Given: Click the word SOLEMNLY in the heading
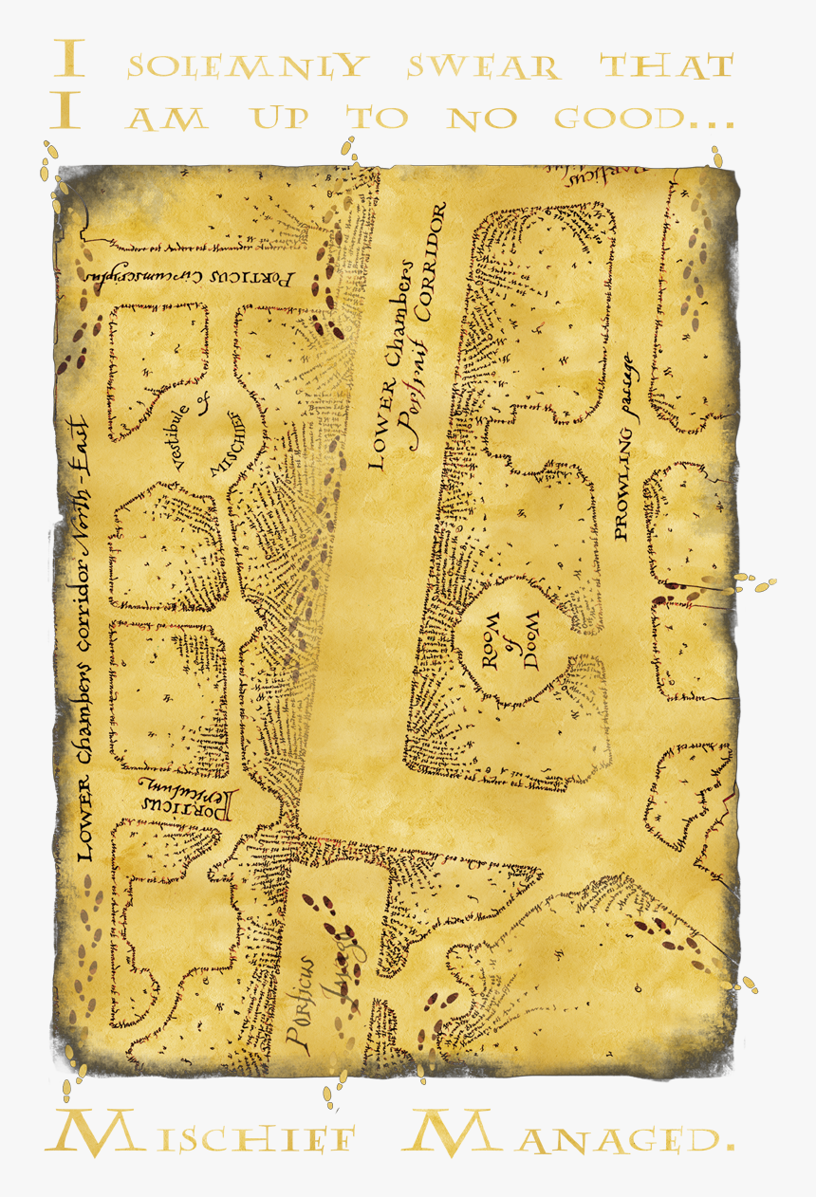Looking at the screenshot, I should tap(246, 65).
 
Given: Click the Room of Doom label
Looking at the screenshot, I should tap(510, 641).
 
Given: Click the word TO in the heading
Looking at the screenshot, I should tap(379, 119).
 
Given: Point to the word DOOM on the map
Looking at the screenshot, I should tap(531, 641).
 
